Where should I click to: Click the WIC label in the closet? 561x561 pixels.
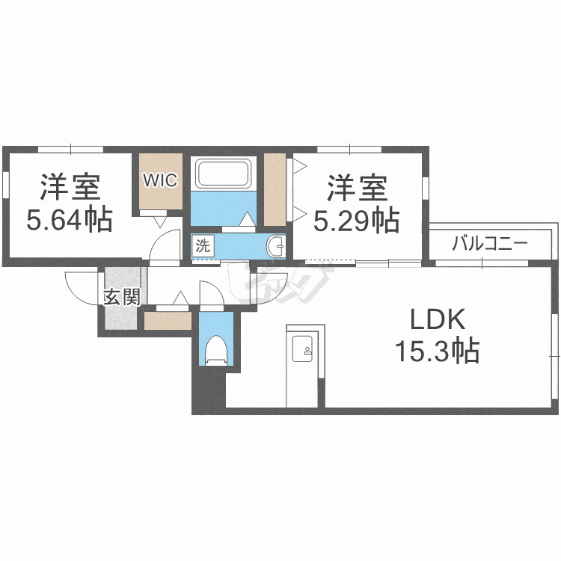[160, 180]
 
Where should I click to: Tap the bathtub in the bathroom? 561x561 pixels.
[224, 174]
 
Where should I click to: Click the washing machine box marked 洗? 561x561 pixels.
[203, 245]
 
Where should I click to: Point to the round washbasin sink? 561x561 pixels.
[275, 247]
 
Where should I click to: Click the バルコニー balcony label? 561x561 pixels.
[490, 244]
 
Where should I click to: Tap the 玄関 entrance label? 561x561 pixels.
[122, 297]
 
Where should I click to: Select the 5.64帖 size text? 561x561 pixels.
[70, 219]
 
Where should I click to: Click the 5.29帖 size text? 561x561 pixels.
[357, 220]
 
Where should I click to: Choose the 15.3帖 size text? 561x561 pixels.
[438, 350]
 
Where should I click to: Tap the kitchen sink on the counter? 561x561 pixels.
[302, 349]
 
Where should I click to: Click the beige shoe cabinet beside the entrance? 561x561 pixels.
[168, 321]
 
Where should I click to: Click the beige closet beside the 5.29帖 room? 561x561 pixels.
[275, 190]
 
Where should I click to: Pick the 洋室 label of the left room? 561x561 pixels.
[70, 187]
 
